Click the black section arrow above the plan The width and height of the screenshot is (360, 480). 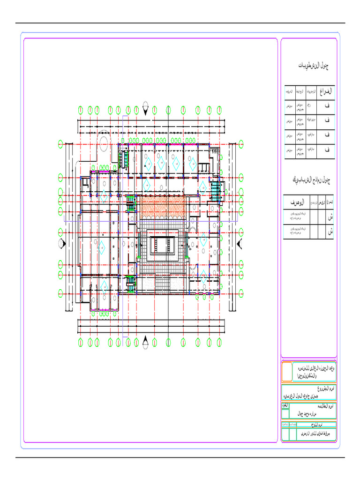click(x=146, y=111)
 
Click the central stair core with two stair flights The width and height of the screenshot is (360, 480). click(x=163, y=245)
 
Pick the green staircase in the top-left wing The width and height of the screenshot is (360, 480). click(x=124, y=158)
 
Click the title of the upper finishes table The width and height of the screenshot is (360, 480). click(x=314, y=66)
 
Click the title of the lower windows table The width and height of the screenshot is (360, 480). click(x=311, y=180)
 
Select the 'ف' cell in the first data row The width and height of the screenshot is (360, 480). click(x=326, y=107)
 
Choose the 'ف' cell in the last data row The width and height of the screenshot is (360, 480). click(x=326, y=150)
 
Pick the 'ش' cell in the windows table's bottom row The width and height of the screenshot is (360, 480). click(x=330, y=232)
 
